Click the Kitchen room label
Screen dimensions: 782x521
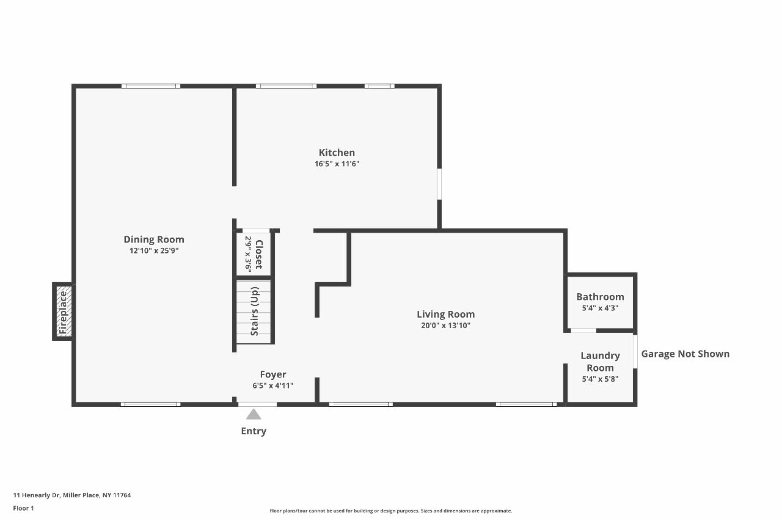click(x=337, y=153)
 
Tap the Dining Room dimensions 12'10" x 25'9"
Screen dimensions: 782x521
click(x=154, y=250)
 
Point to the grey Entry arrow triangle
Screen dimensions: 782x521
click(x=254, y=414)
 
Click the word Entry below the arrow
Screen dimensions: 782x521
click(x=254, y=431)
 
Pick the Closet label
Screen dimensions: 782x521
click(x=259, y=255)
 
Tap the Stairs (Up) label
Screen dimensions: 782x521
click(x=255, y=312)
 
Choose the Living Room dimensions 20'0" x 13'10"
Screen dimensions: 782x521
click(x=445, y=326)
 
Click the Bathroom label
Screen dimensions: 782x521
click(x=600, y=297)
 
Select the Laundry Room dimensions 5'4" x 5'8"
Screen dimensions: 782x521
click(x=600, y=379)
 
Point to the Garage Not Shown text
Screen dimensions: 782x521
click(x=685, y=354)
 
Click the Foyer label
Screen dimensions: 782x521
click(x=273, y=374)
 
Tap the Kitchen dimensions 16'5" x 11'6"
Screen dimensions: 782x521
click(x=337, y=164)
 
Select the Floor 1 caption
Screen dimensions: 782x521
click(x=23, y=508)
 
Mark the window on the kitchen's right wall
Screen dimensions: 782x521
click(x=439, y=184)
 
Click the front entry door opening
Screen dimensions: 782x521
click(x=257, y=404)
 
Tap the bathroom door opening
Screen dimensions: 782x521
click(x=583, y=330)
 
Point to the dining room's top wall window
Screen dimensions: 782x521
click(x=151, y=86)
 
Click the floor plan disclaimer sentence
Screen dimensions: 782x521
click(x=390, y=511)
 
